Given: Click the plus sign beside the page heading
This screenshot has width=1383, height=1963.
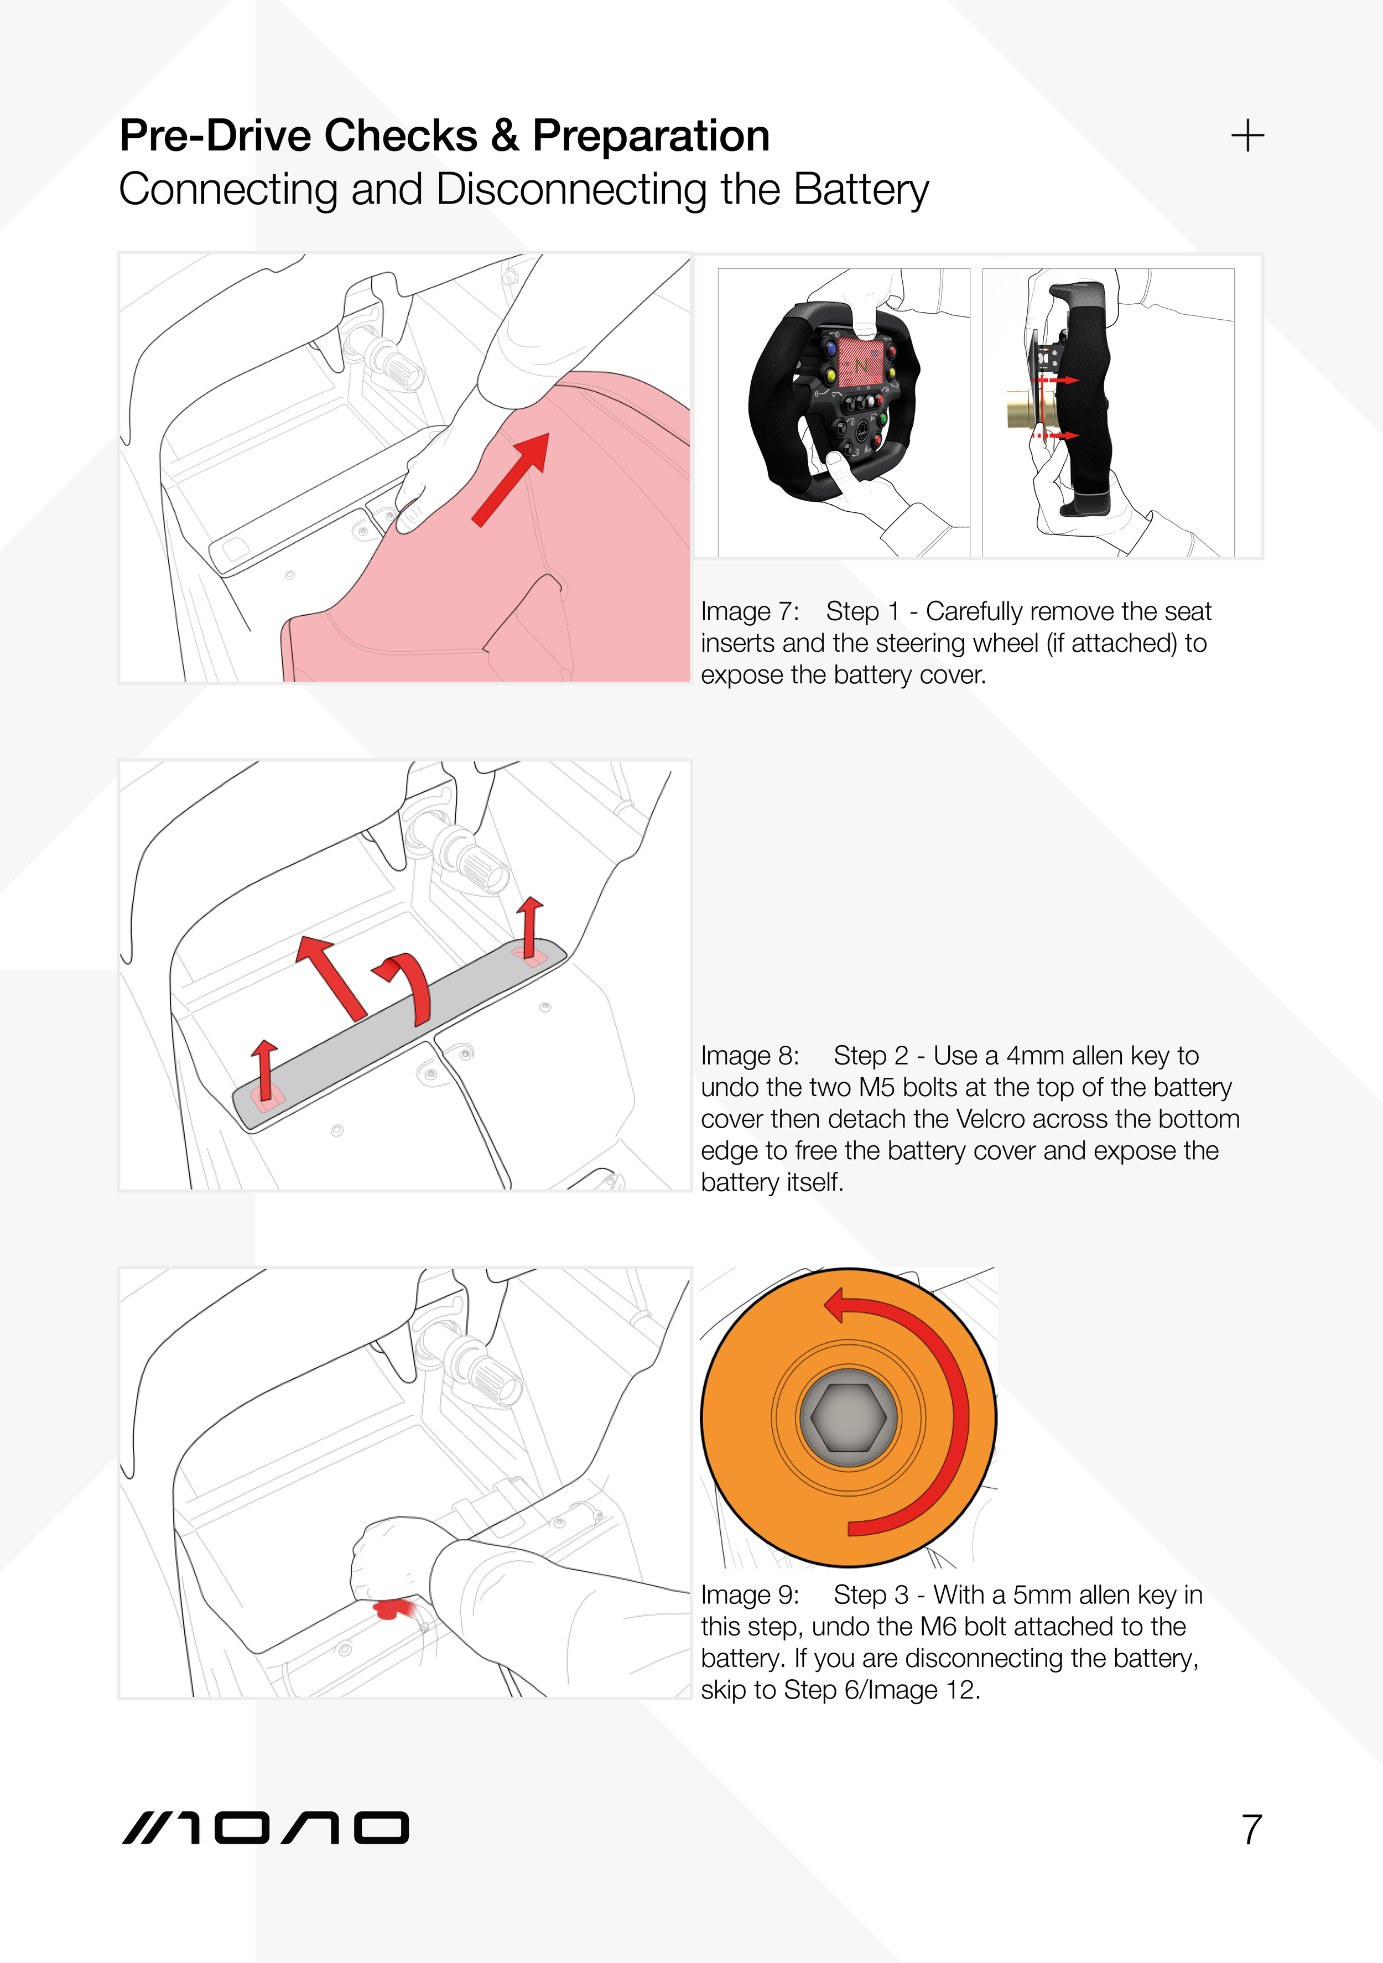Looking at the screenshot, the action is [x=1247, y=135].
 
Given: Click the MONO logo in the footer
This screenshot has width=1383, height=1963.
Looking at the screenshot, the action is [x=265, y=1828].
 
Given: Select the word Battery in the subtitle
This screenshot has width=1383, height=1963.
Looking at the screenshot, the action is [x=861, y=189].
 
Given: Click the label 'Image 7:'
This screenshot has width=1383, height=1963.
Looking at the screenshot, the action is [x=750, y=611].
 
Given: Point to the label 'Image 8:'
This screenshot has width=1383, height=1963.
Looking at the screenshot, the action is [x=750, y=1056].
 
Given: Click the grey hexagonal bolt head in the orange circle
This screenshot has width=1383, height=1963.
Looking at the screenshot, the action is [x=848, y=1417].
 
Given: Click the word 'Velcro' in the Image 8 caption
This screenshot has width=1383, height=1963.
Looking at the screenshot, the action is [x=990, y=1119].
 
